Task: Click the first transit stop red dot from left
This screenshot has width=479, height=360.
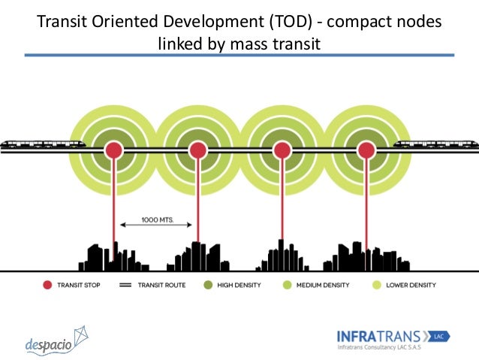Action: point(113,150)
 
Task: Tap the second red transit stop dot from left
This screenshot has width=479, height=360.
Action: point(198,150)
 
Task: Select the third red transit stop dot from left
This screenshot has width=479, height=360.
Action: point(282,150)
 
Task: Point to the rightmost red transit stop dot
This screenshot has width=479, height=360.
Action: point(366,150)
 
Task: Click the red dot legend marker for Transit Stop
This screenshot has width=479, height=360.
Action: point(47,286)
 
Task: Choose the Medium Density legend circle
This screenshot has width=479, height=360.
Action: point(287,286)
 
